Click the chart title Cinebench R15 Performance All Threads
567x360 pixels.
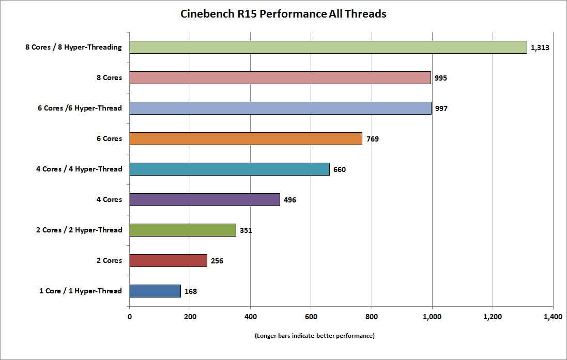tap(283, 14)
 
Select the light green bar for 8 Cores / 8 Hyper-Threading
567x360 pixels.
tap(328, 48)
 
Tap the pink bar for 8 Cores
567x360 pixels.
tap(280, 77)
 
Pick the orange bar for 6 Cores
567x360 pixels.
tap(246, 139)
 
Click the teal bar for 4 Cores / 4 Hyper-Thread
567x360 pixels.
tap(229, 169)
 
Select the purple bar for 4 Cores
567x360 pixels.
tap(205, 199)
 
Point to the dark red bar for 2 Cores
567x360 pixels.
tap(168, 261)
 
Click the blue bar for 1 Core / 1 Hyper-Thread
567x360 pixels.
tap(155, 291)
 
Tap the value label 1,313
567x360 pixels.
tap(540, 48)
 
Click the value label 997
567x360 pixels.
tap(441, 108)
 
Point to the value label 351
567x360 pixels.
tap(246, 230)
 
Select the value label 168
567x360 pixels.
tap(191, 291)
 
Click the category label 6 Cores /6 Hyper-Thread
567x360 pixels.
tap(80, 108)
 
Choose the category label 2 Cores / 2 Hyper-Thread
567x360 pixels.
tap(79, 230)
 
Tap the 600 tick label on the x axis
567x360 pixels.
tap(311, 317)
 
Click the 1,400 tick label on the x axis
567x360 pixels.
tap(553, 317)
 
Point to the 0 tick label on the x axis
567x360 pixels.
tap(129, 317)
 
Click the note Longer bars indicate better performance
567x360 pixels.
tap(315, 336)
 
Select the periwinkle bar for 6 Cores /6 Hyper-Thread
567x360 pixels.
tap(280, 108)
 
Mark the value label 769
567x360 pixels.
tap(373, 139)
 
